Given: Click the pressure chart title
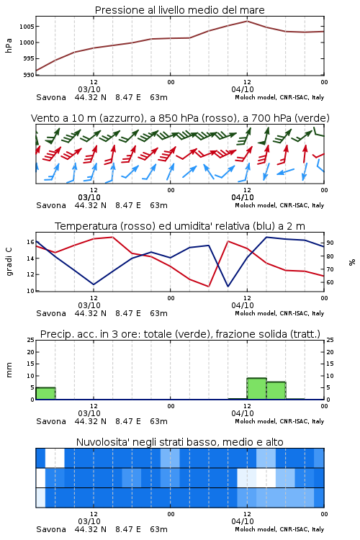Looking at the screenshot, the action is click(x=179, y=10).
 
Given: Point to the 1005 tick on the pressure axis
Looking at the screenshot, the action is click(x=27, y=27).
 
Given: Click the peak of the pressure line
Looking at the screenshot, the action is click(x=247, y=21).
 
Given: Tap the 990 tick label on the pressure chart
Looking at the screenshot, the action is click(x=29, y=75).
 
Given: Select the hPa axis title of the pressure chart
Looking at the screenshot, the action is click(x=9, y=45).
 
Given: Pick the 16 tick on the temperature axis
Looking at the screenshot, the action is click(x=31, y=242).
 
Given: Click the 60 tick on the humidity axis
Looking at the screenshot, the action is click(x=330, y=282).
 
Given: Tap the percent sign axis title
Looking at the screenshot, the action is click(x=352, y=262).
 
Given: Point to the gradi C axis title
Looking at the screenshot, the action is click(x=9, y=261).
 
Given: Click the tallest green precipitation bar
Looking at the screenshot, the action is click(x=256, y=389).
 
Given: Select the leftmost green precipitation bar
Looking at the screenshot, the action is click(x=46, y=393).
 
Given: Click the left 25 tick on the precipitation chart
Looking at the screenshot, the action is click(x=31, y=340).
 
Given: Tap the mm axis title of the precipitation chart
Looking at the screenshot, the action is click(x=9, y=369).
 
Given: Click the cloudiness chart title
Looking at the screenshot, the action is click(x=179, y=442).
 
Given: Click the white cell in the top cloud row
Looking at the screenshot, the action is click(x=55, y=458).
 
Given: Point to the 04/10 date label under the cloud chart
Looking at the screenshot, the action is click(x=243, y=521).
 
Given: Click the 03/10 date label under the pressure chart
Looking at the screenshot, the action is click(x=89, y=89).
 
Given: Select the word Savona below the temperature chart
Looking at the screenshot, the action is click(x=51, y=313).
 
